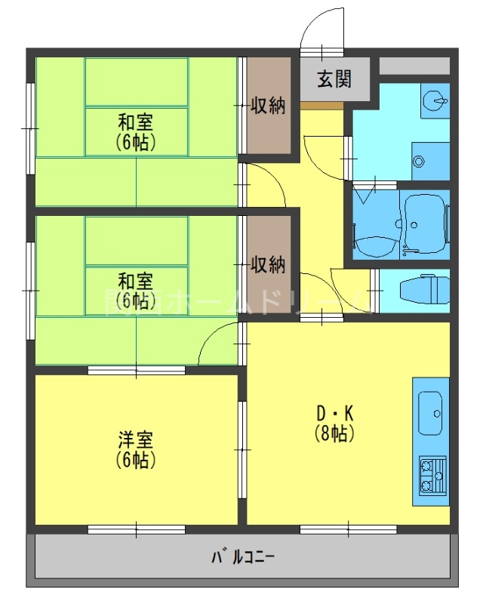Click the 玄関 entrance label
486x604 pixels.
(x=334, y=79)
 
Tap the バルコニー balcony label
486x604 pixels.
(x=242, y=559)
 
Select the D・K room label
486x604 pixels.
(x=334, y=414)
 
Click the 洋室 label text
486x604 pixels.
(x=136, y=439)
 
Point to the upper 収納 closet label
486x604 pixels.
(x=268, y=105)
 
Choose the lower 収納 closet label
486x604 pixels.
(x=268, y=264)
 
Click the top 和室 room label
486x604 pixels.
(x=136, y=121)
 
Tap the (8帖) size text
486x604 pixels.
(x=334, y=433)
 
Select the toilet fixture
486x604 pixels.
(x=419, y=290)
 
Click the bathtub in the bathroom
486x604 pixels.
(x=426, y=223)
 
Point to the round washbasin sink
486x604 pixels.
(x=435, y=101)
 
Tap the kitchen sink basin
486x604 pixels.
(x=431, y=413)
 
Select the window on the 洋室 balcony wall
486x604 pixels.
(x=137, y=529)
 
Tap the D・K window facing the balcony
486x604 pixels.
(x=348, y=529)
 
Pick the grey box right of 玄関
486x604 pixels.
(x=414, y=66)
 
